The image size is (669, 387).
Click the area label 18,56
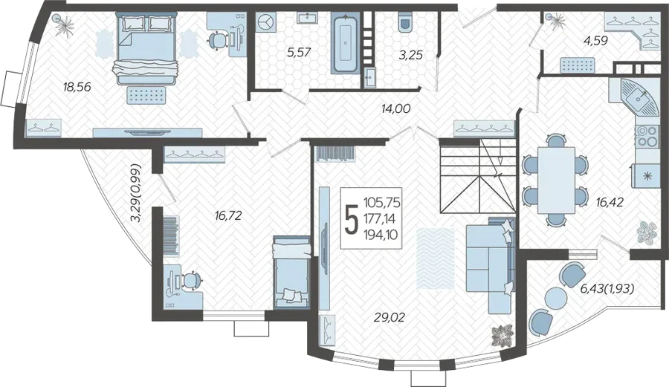click(x=77, y=87)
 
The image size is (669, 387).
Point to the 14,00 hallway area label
click(x=395, y=108)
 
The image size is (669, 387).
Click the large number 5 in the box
click(x=351, y=218)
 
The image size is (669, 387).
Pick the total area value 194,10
click(x=380, y=233)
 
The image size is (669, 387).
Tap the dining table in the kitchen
click(x=556, y=180)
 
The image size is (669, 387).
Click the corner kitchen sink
click(x=639, y=97)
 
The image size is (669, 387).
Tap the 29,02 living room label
click(x=390, y=317)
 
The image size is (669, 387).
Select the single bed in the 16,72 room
click(x=291, y=272)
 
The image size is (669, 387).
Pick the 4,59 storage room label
click(x=595, y=41)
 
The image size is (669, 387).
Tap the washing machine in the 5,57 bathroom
click(x=266, y=22)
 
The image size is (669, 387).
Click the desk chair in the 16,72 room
click(x=192, y=280)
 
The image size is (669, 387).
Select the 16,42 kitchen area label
click(x=610, y=202)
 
